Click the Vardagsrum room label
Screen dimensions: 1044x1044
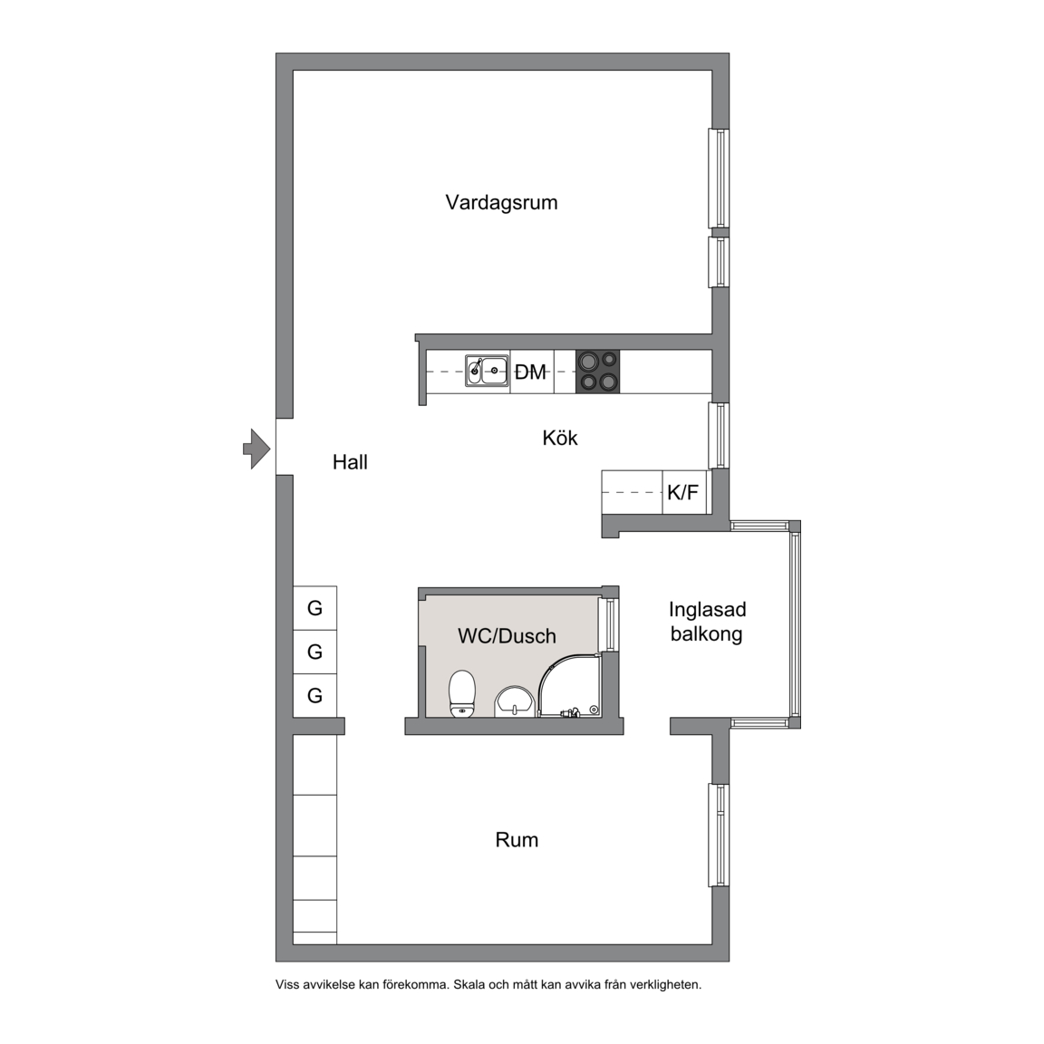click(x=501, y=202)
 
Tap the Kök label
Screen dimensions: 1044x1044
click(x=560, y=438)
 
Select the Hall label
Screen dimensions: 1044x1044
click(x=350, y=462)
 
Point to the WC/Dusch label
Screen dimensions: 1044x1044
click(x=507, y=636)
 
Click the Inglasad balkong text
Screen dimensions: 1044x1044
click(x=707, y=621)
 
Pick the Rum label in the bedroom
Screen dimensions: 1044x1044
click(x=517, y=840)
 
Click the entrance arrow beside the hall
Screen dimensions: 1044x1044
click(x=256, y=449)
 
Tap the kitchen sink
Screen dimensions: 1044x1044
click(x=487, y=371)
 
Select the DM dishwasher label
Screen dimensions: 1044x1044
click(x=531, y=372)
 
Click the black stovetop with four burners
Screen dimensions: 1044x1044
click(x=597, y=372)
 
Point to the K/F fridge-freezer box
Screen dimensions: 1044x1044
click(x=684, y=493)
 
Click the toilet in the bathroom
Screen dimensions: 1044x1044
click(x=462, y=694)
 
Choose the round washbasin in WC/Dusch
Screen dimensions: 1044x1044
click(x=514, y=701)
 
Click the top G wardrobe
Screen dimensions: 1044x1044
click(x=315, y=608)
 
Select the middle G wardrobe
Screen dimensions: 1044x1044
click(x=315, y=652)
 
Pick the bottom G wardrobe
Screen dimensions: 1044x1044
click(x=315, y=696)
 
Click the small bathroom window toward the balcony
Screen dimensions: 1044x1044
click(x=609, y=624)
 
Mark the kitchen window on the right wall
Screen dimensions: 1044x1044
click(x=719, y=435)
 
